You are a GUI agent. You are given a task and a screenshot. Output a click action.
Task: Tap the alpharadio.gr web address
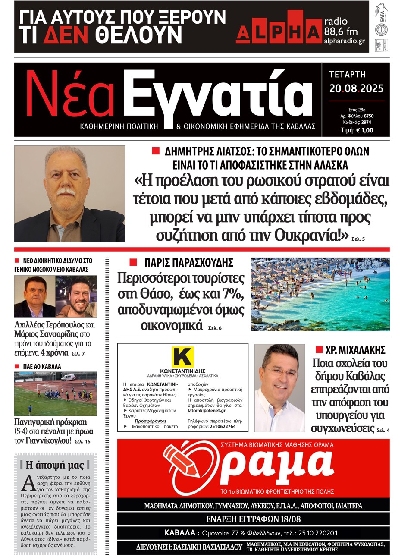point(344,41)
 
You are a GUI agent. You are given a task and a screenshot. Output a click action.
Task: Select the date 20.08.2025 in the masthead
point(356,89)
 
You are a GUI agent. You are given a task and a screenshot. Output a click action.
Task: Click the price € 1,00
point(364,130)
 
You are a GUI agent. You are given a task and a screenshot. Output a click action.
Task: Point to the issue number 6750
point(369,116)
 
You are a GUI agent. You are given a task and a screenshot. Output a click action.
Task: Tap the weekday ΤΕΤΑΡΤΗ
point(347,75)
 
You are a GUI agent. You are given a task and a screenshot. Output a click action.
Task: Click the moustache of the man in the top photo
point(66,191)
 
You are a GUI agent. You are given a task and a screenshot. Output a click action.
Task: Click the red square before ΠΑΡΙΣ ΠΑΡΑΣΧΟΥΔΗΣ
point(134,262)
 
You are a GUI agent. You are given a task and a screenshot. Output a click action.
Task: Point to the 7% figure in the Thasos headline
point(233,294)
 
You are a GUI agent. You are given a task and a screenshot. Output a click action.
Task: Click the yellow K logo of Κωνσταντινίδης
point(183,357)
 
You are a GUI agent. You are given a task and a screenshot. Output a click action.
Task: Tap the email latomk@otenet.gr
point(207,411)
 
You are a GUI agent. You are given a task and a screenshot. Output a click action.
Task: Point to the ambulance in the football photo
point(67,378)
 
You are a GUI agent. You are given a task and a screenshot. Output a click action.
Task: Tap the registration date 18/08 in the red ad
point(289,519)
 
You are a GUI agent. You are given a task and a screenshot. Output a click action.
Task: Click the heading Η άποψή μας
point(55,465)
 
